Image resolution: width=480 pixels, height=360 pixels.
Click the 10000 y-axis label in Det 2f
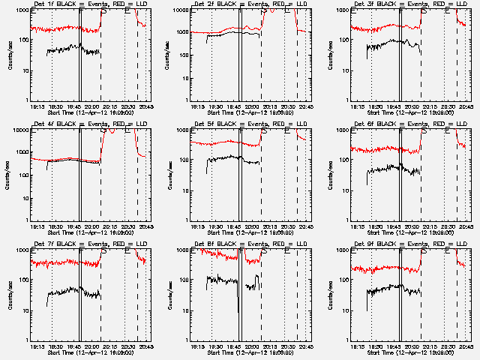[177, 10]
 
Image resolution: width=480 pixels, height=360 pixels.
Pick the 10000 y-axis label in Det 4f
[16, 130]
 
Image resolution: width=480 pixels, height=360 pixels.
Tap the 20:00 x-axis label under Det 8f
[251, 346]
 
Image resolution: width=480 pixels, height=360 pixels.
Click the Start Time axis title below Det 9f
[406, 352]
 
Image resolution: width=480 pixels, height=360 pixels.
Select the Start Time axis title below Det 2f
[246, 112]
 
